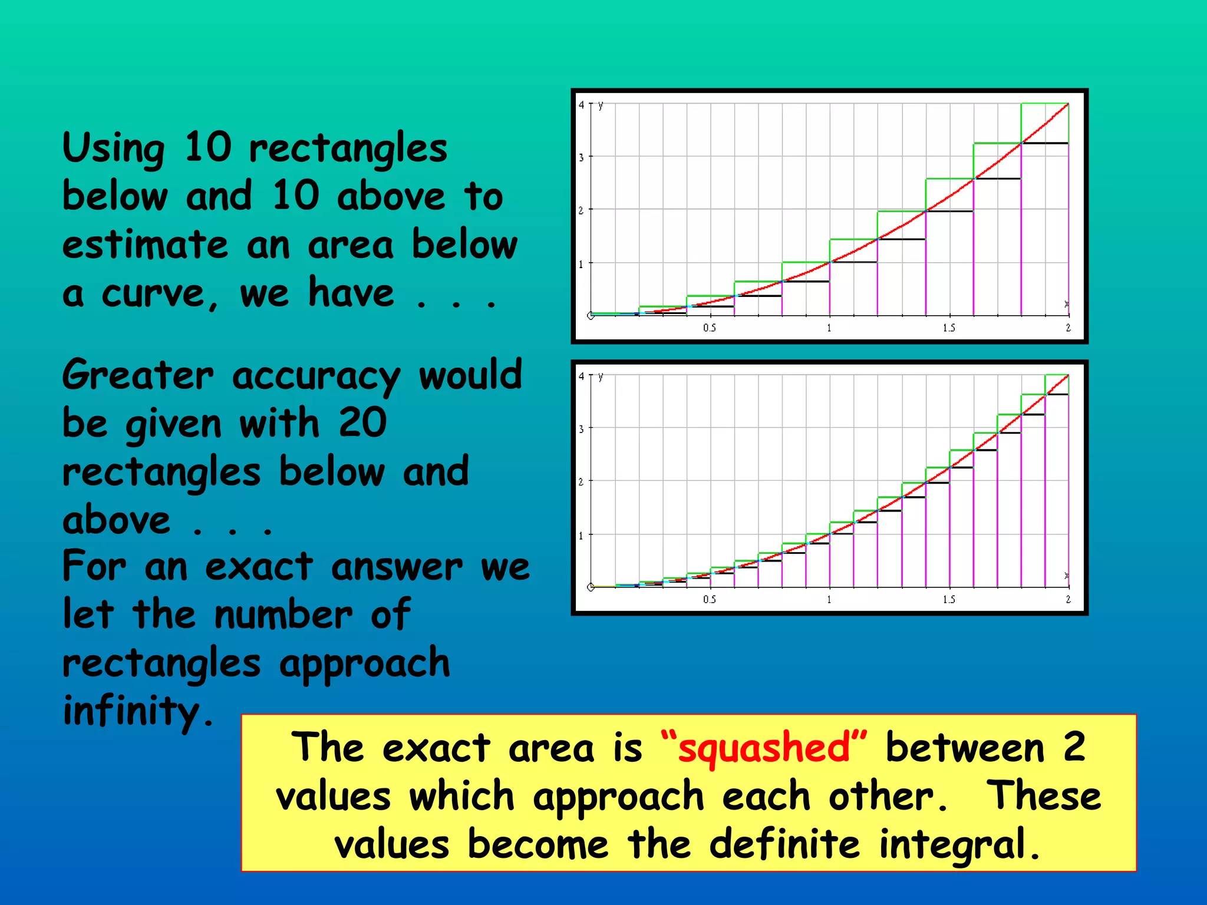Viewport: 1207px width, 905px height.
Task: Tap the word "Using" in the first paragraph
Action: click(x=113, y=148)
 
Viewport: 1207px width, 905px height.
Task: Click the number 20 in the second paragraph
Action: click(x=362, y=422)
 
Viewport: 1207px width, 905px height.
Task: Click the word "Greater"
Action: click(x=138, y=375)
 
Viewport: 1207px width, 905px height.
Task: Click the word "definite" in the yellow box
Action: click(x=784, y=844)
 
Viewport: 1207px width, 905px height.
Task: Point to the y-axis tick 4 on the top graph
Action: click(x=581, y=105)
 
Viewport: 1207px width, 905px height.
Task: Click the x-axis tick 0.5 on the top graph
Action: click(x=710, y=328)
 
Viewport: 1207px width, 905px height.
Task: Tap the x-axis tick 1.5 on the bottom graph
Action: click(x=949, y=599)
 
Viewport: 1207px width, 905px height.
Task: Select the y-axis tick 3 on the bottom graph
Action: click(x=581, y=429)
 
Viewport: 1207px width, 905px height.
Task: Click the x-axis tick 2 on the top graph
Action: click(x=1068, y=328)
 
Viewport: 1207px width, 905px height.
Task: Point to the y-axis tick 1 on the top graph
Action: click(x=581, y=264)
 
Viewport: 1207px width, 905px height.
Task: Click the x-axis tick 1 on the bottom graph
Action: click(x=829, y=599)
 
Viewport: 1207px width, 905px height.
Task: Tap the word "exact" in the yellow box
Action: click(x=436, y=748)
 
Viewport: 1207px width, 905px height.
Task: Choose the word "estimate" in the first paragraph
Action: click(x=145, y=245)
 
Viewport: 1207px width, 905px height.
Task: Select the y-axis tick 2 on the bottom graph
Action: click(x=581, y=482)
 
